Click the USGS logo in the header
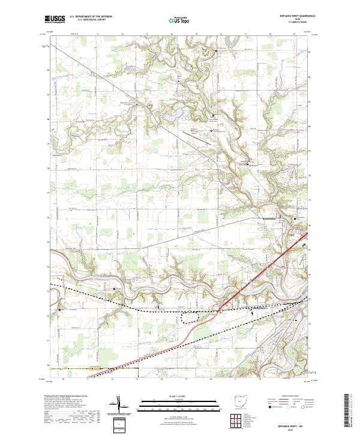click(x=54, y=19)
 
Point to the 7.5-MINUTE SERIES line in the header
click(x=298, y=22)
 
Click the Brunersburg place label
click(x=272, y=219)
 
